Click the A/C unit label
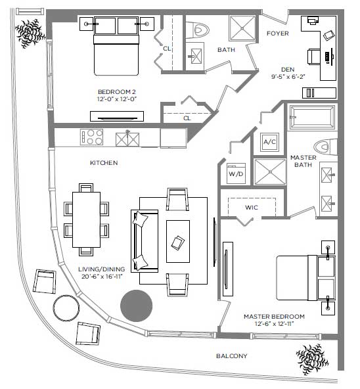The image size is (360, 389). click(269, 142)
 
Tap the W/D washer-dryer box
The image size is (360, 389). click(236, 173)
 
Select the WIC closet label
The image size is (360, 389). click(252, 208)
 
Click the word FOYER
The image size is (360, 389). click(278, 34)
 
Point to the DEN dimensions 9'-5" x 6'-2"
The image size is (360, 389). click(288, 77)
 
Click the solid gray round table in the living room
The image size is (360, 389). click(136, 306)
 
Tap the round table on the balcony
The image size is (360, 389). click(66, 308)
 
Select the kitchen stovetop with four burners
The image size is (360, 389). click(91, 137)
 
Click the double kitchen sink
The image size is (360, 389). click(127, 139)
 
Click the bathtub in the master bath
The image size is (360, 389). click(312, 117)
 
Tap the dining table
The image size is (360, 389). click(86, 219)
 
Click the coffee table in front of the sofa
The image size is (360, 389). click(178, 241)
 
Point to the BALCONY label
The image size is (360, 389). click(231, 356)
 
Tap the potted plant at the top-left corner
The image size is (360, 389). click(30, 34)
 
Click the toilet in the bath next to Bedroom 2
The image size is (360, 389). click(198, 30)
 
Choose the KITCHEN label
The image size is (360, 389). click(104, 163)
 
